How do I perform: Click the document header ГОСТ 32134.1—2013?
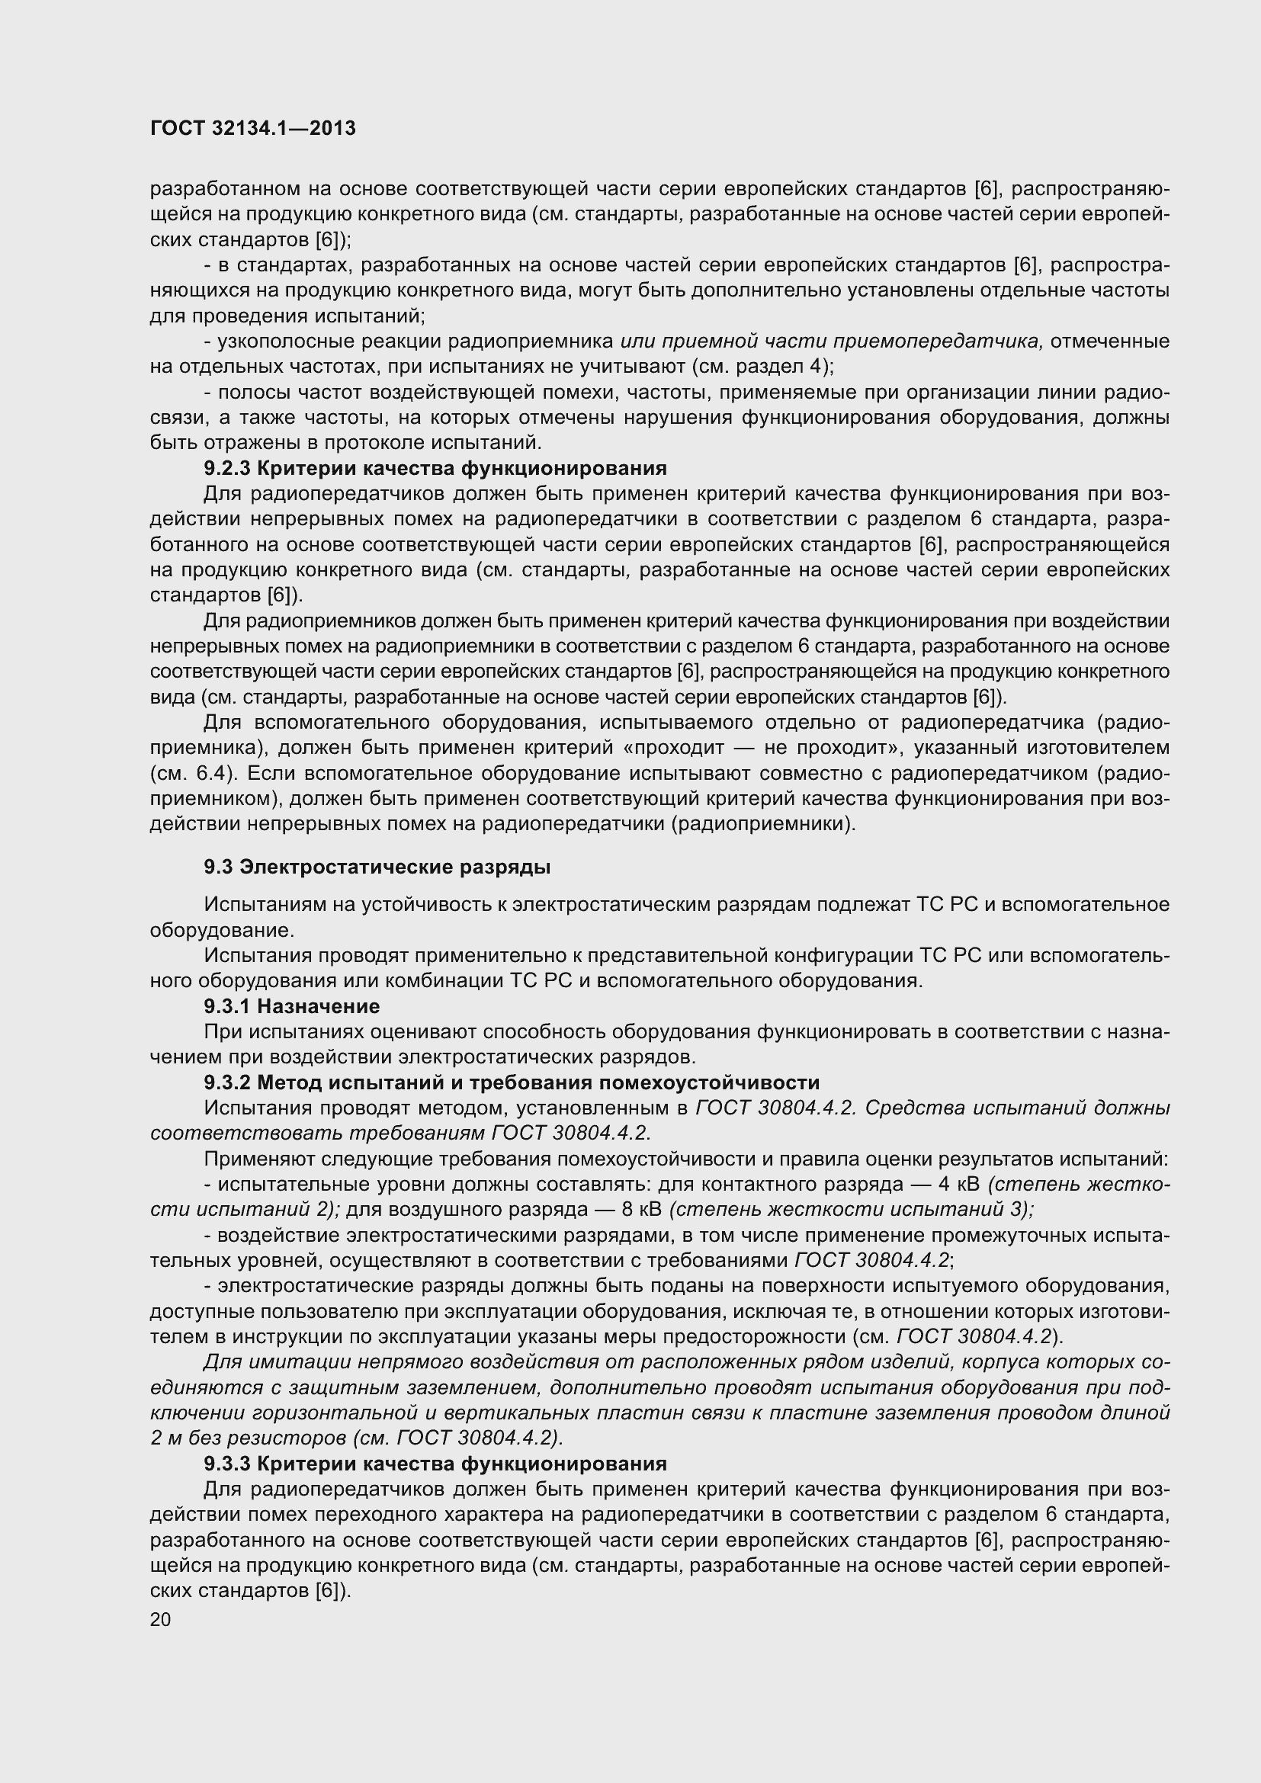tap(252, 128)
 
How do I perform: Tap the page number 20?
tap(160, 1620)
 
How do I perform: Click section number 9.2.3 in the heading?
tap(227, 468)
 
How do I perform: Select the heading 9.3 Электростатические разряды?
tap(377, 867)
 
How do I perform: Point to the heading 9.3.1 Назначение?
tap(292, 1006)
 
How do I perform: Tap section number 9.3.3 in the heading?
tap(227, 1464)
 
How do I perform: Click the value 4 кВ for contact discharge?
tap(961, 1185)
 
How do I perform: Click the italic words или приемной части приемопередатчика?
tap(831, 342)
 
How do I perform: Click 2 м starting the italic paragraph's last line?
tap(165, 1438)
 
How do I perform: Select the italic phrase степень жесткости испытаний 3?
tap(850, 1210)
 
